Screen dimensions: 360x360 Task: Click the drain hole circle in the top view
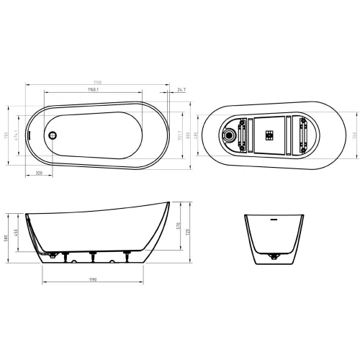pos(51,134)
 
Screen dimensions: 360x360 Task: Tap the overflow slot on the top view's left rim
pos(30,132)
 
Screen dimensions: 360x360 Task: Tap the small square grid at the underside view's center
pos(270,134)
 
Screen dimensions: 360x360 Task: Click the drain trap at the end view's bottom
pos(273,256)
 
